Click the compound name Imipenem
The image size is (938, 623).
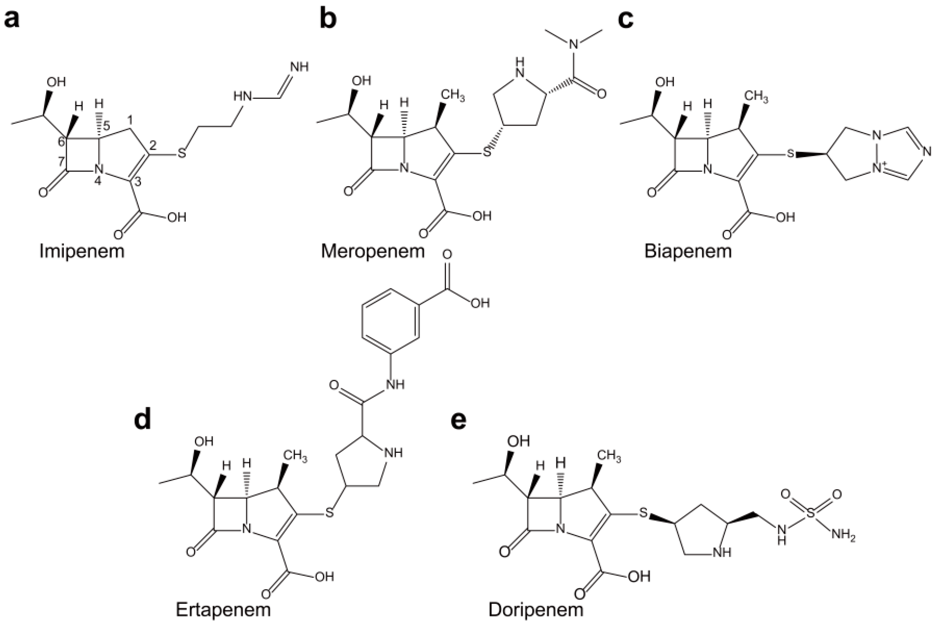point(82,251)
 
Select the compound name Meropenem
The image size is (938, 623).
point(373,251)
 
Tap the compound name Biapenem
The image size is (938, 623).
point(688,251)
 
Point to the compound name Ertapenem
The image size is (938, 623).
point(223,609)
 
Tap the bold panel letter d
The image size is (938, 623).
point(143,420)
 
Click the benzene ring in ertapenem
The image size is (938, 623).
point(391,321)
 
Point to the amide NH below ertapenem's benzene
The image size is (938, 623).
point(394,384)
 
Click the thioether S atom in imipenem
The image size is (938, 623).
point(182,153)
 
